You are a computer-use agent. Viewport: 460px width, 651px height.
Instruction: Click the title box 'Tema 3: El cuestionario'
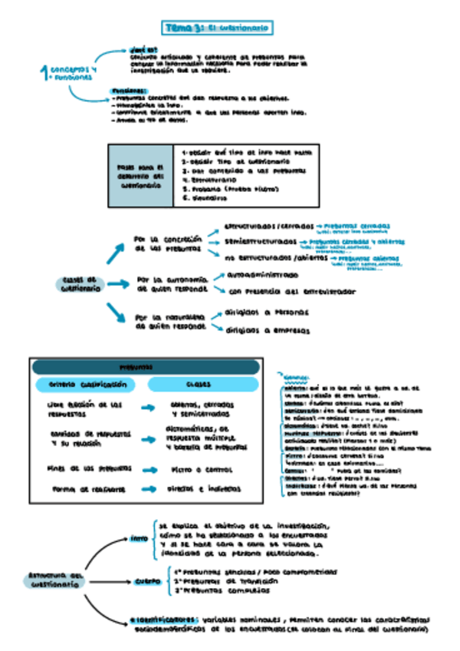coord(218,28)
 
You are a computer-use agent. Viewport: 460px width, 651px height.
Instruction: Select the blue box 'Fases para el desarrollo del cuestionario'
coord(141,175)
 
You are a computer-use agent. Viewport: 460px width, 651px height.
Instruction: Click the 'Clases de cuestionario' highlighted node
coord(78,284)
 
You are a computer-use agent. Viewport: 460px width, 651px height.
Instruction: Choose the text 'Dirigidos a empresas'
coord(268,330)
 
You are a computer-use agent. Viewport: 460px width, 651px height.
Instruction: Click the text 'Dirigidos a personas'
coord(267,312)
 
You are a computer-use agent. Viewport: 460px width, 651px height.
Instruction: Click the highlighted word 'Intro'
coord(139,538)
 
